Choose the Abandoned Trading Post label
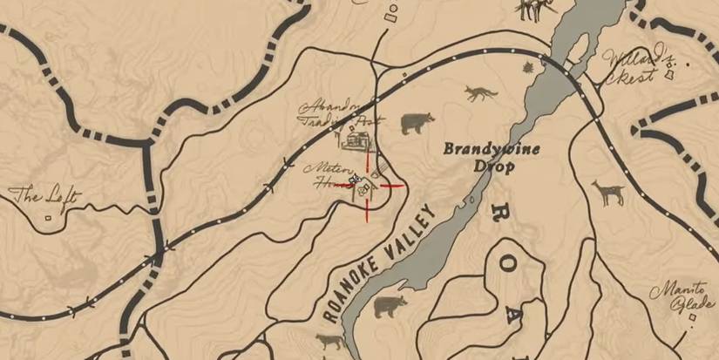338,114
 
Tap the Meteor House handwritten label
329,173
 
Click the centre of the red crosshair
368,185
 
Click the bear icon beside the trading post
417,124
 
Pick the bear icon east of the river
390,306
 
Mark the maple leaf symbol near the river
527,68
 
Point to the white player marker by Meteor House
355,180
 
